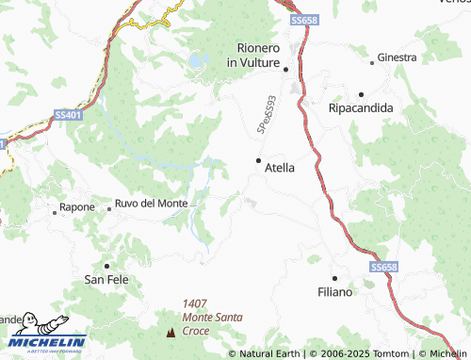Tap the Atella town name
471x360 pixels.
(x=280, y=168)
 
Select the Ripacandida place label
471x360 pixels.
(x=361, y=108)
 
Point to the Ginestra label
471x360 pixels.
(x=397, y=58)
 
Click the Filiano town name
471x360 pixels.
(x=335, y=292)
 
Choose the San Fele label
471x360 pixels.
(x=106, y=279)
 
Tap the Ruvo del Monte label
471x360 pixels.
(x=151, y=204)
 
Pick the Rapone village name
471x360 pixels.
(x=77, y=206)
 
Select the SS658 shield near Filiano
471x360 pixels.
(x=383, y=269)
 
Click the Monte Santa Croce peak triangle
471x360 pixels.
(x=171, y=332)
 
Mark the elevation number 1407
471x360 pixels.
(x=196, y=303)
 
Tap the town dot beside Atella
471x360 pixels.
(x=259, y=161)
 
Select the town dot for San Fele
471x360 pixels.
(x=106, y=265)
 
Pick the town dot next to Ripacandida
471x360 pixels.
(x=361, y=94)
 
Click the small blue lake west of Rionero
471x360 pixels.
(x=197, y=61)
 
